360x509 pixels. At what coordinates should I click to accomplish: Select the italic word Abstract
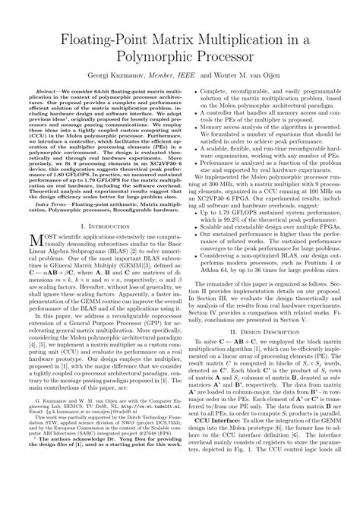click(x=45, y=98)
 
